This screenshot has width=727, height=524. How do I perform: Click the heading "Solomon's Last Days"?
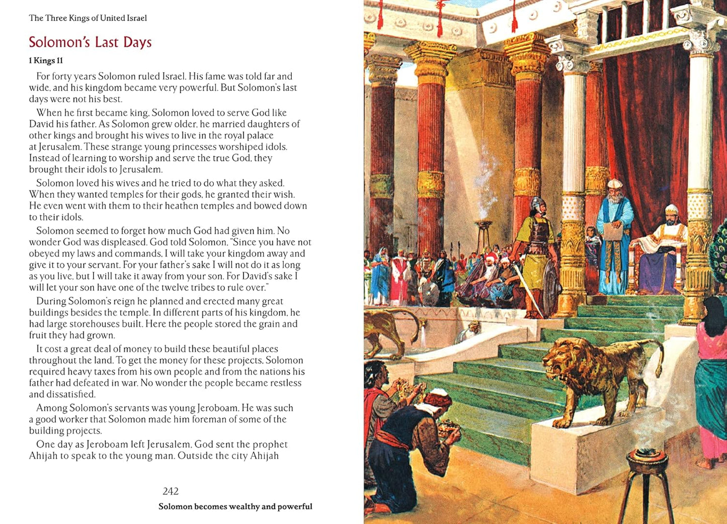90,42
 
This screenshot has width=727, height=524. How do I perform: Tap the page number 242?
171,491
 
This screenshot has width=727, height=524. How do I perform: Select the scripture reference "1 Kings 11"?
46,60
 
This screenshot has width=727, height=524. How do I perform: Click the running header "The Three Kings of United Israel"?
88,18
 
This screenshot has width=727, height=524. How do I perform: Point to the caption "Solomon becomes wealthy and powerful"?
235,506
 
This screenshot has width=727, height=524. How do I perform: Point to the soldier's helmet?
538,205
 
